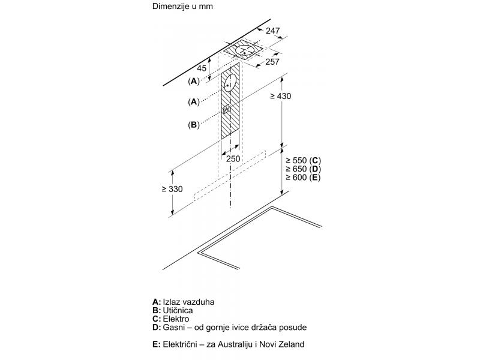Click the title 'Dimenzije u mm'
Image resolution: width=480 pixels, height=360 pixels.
182,6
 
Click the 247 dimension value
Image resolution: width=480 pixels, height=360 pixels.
272,31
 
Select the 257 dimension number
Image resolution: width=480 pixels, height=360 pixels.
272,62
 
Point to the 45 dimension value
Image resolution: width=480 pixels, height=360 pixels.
202,68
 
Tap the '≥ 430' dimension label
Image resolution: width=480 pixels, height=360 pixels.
280,96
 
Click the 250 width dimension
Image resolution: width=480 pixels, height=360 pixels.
233,158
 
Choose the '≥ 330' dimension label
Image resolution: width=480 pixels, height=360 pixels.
172,189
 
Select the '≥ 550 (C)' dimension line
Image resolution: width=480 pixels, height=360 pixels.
303,160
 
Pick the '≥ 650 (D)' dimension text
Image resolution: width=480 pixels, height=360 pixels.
303,169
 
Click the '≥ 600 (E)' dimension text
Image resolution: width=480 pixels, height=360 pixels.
303,178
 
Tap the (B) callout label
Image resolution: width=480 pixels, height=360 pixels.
193,125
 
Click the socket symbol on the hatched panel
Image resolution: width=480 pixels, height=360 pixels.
226,109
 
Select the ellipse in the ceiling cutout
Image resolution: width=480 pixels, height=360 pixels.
245,51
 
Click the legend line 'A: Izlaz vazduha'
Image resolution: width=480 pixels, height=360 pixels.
184,302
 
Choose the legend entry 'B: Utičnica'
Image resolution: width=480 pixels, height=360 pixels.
173,311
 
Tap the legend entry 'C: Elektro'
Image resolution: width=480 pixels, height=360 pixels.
171,319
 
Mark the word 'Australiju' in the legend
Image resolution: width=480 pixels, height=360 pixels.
235,344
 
